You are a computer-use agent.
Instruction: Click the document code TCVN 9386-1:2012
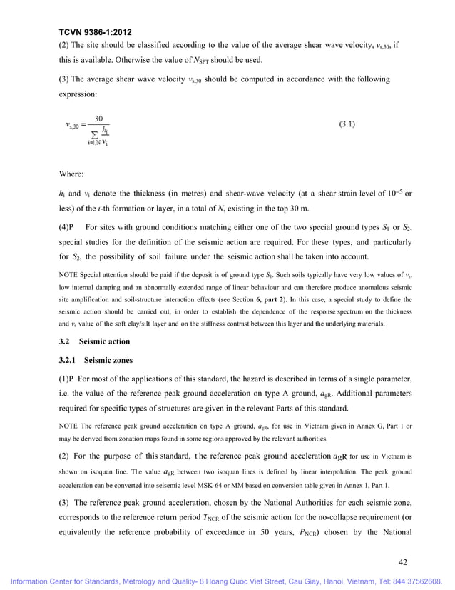click(96, 32)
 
